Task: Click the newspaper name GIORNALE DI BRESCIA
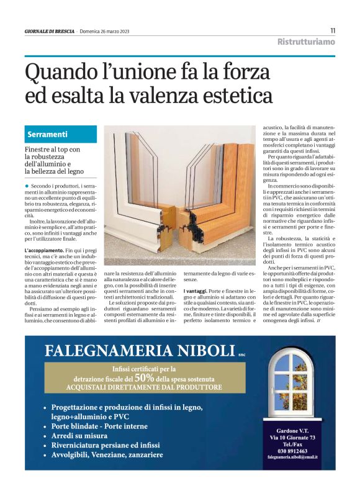click(x=49, y=31)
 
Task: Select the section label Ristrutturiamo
click(x=305, y=42)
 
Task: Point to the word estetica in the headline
click(x=239, y=96)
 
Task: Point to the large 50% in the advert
click(x=145, y=377)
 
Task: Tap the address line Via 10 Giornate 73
click(x=292, y=438)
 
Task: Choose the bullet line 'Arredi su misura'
click(x=79, y=436)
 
